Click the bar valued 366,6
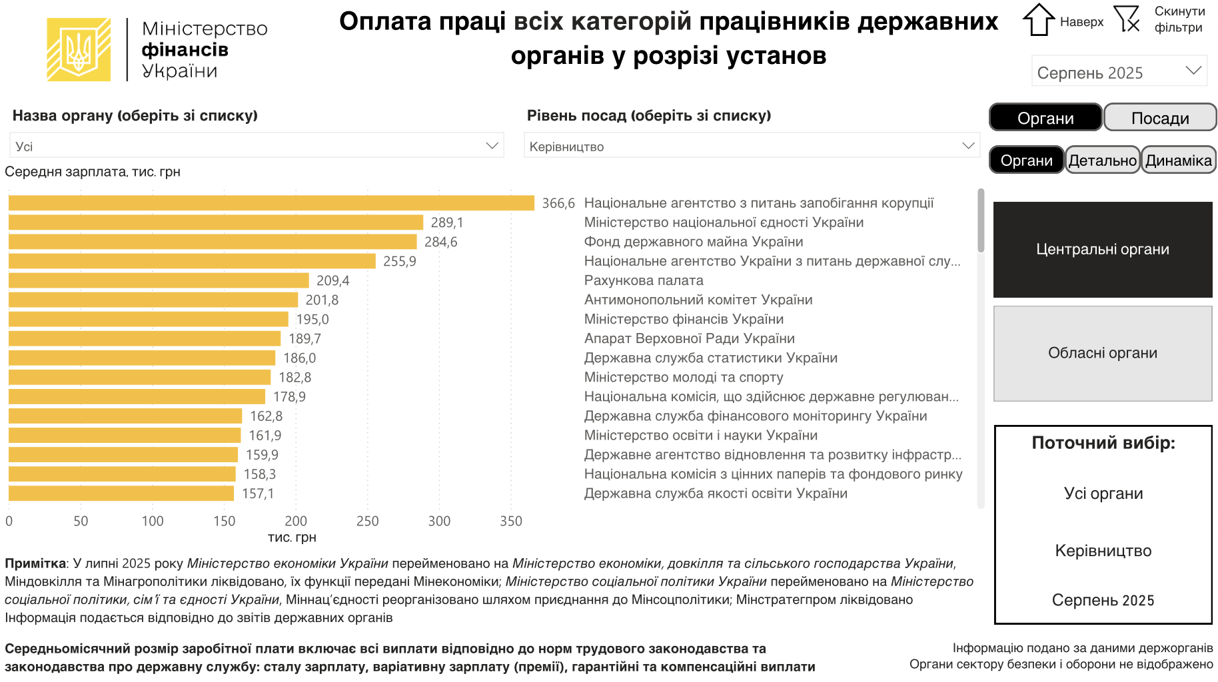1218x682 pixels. (271, 203)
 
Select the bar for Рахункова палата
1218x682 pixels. (159, 280)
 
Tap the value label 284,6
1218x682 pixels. (440, 242)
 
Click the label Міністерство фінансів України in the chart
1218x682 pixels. (684, 319)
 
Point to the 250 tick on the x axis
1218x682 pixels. (367, 521)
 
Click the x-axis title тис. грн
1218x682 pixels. (292, 537)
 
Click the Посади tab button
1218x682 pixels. (1159, 118)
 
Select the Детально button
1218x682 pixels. (1102, 161)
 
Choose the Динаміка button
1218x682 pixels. (1178, 161)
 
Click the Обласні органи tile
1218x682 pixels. (1102, 354)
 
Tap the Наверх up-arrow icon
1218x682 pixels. (1038, 20)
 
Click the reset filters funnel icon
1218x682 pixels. (1127, 19)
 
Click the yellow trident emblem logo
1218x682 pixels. (79, 50)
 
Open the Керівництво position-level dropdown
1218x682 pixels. (751, 147)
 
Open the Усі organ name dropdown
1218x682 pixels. (257, 147)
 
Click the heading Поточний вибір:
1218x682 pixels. (1103, 443)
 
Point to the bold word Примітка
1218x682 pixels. (35, 563)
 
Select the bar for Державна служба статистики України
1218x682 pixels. (142, 358)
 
